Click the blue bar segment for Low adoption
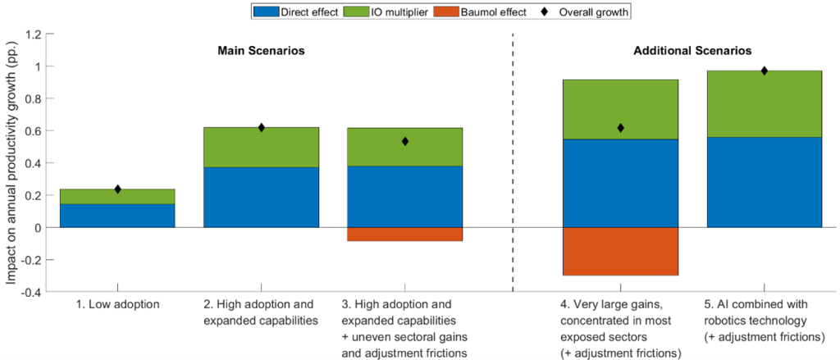(x=117, y=216)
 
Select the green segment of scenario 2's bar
(x=261, y=148)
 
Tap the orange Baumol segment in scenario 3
(x=405, y=234)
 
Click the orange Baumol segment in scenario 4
(x=620, y=251)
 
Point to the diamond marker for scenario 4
(x=620, y=128)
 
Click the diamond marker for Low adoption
(x=117, y=189)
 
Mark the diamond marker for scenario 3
(x=405, y=141)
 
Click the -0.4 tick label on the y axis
(x=30, y=292)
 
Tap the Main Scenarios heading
(x=261, y=51)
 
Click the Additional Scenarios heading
(x=692, y=51)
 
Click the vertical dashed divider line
(x=513, y=164)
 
